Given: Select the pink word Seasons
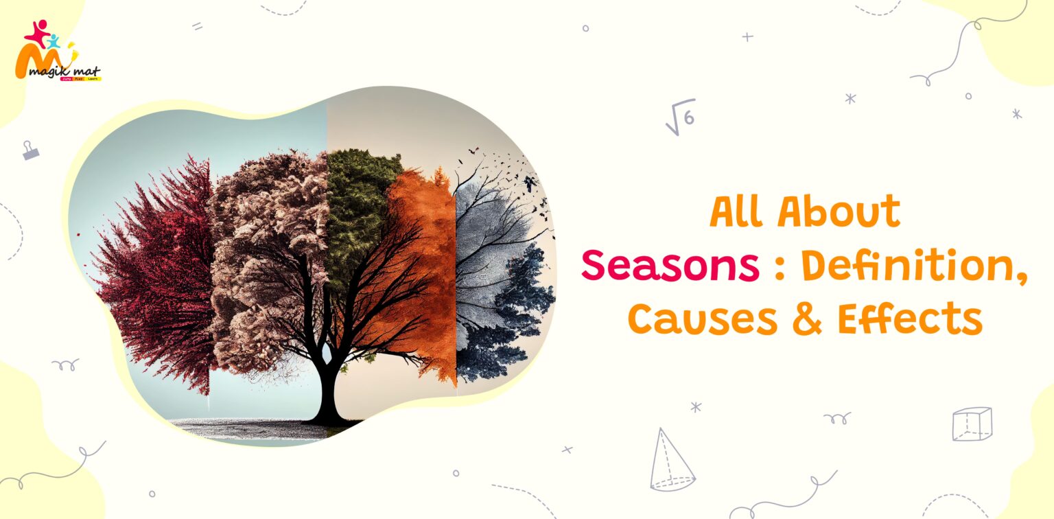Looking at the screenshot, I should [670, 266].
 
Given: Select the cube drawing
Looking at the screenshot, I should [972, 424].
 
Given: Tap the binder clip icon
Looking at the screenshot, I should [30, 150].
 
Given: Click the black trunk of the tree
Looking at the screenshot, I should [329, 391].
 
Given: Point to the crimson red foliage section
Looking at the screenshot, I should [161, 275].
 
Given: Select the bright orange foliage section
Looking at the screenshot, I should [422, 261].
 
